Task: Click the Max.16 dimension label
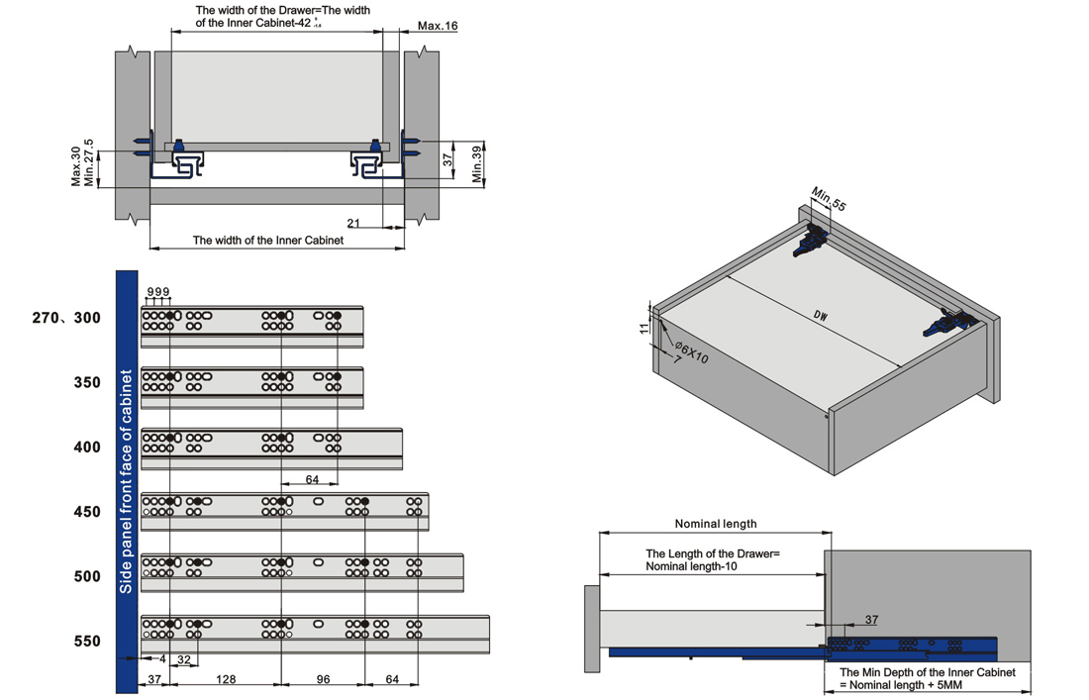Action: coord(437,26)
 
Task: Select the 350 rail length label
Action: coord(87,382)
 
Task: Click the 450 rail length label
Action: coord(87,512)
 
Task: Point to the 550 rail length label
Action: coord(87,642)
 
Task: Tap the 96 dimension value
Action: coord(323,680)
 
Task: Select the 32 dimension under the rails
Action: coord(183,659)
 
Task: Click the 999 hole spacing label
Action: coord(158,292)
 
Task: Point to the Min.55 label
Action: coord(829,199)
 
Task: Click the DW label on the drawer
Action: coord(821,316)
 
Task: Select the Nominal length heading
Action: coord(715,524)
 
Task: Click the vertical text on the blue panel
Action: coord(127,481)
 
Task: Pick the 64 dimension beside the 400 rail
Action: coord(312,479)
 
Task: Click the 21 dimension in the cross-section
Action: coord(353,223)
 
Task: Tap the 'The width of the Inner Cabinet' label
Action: coord(267,241)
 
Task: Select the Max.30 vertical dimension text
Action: coord(76,166)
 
